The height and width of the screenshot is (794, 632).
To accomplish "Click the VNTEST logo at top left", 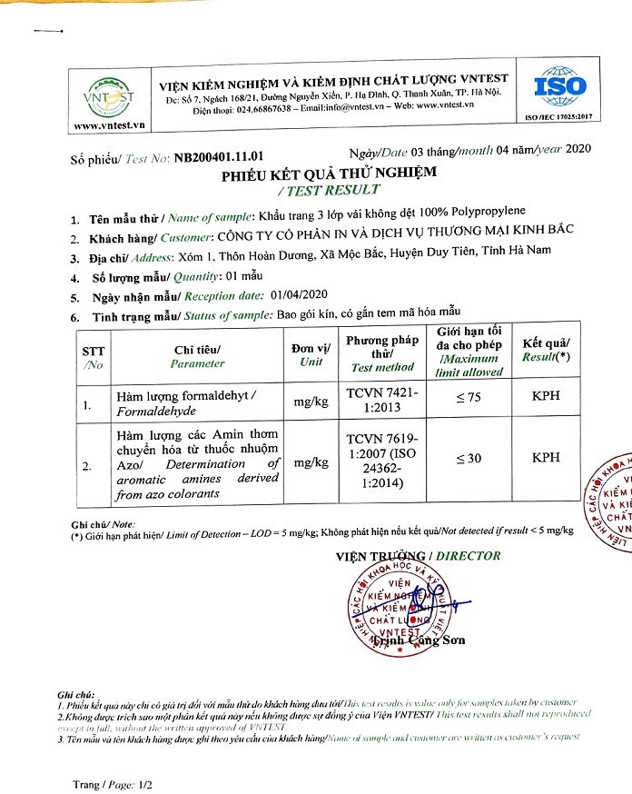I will [108, 95].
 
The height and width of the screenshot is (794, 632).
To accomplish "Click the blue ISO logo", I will [557, 89].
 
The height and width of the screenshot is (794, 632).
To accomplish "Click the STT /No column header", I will [93, 356].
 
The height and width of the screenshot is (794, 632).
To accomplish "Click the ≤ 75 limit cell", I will [468, 401].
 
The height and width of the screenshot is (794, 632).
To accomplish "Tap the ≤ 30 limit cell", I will [468, 459].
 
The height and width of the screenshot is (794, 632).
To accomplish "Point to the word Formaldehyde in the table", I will [152, 410].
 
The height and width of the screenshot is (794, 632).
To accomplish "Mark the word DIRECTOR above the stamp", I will [468, 555].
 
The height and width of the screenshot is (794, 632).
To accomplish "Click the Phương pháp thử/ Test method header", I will [381, 353].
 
